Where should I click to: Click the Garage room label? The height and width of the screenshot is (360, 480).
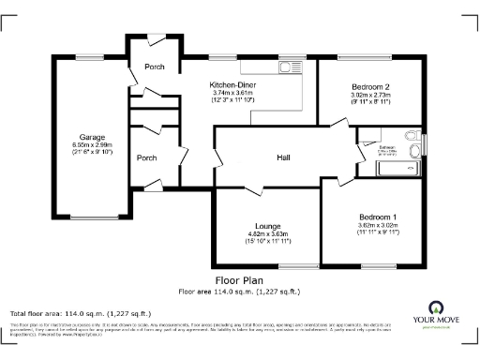pyautogui.click(x=91, y=137)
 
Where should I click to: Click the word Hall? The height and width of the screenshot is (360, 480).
pyautogui.click(x=282, y=157)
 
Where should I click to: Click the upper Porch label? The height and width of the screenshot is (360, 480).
pyautogui.click(x=153, y=67)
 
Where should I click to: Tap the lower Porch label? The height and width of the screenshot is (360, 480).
pyautogui.click(x=147, y=157)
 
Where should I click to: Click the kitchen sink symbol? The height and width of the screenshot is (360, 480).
pyautogui.click(x=285, y=67)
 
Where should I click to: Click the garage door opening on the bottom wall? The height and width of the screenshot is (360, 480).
pyautogui.click(x=91, y=218)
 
